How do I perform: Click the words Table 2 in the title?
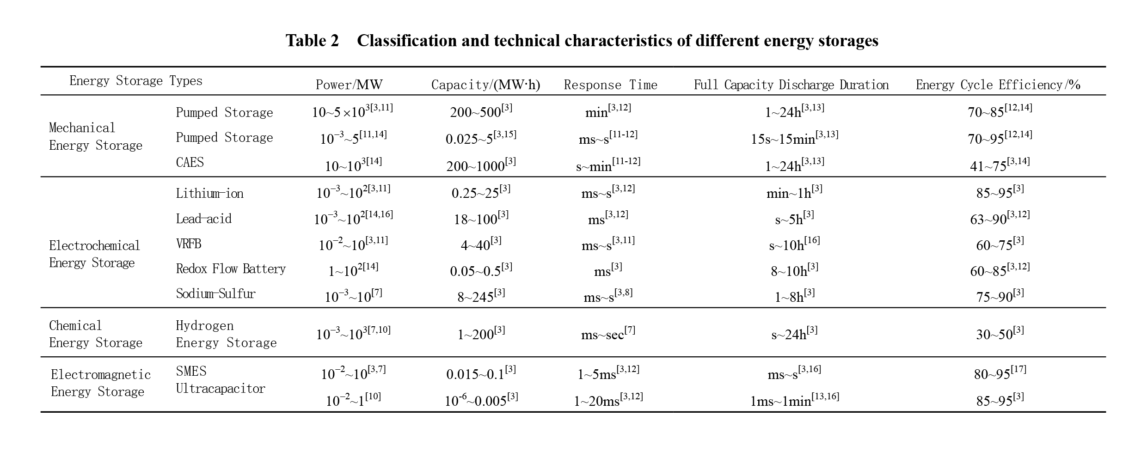[x=312, y=41]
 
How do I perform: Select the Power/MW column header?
[x=349, y=85]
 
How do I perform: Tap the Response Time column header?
[x=610, y=85]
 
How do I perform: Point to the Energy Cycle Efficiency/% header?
[x=998, y=85]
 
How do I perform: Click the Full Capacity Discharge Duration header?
[x=791, y=85]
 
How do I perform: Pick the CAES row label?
[x=190, y=162]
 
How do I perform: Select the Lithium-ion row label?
[x=209, y=193]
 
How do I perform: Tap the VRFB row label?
[x=189, y=244]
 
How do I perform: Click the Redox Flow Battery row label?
[x=231, y=269]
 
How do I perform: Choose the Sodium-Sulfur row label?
[x=215, y=293]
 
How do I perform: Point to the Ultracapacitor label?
[x=221, y=389]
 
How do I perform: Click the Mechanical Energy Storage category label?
[x=95, y=136]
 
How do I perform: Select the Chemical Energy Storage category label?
[x=95, y=334]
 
